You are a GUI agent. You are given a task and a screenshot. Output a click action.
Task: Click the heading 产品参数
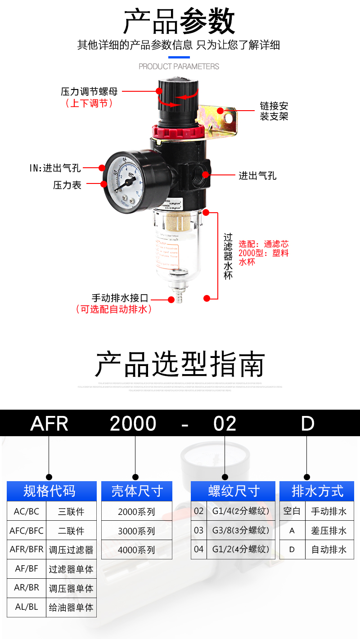tap(180, 21)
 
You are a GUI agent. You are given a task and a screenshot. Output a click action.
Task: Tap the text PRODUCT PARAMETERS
tap(179, 67)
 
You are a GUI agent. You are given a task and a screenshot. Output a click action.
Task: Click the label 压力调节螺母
tap(89, 92)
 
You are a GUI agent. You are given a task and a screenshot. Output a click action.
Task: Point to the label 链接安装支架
tap(274, 111)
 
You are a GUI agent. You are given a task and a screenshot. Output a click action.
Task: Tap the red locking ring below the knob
tap(178, 132)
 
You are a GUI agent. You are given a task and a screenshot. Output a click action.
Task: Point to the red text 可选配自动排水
tap(114, 309)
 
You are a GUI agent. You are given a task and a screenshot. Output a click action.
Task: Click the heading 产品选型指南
tap(180, 365)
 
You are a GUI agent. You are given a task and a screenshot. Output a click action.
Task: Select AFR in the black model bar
tap(49, 424)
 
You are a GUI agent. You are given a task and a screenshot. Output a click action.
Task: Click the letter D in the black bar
tap(307, 424)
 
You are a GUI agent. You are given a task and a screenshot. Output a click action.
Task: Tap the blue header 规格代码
tap(51, 491)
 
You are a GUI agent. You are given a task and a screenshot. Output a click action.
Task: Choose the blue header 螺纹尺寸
tap(233, 491)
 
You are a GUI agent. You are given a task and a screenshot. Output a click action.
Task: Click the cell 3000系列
tap(136, 531)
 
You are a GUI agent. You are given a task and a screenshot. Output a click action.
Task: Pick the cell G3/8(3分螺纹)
tap(240, 530)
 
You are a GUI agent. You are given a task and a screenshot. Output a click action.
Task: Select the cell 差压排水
tap(329, 531)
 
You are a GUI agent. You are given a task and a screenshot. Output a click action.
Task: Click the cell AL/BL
tap(26, 607)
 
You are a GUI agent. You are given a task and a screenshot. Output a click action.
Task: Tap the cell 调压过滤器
tap(71, 550)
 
